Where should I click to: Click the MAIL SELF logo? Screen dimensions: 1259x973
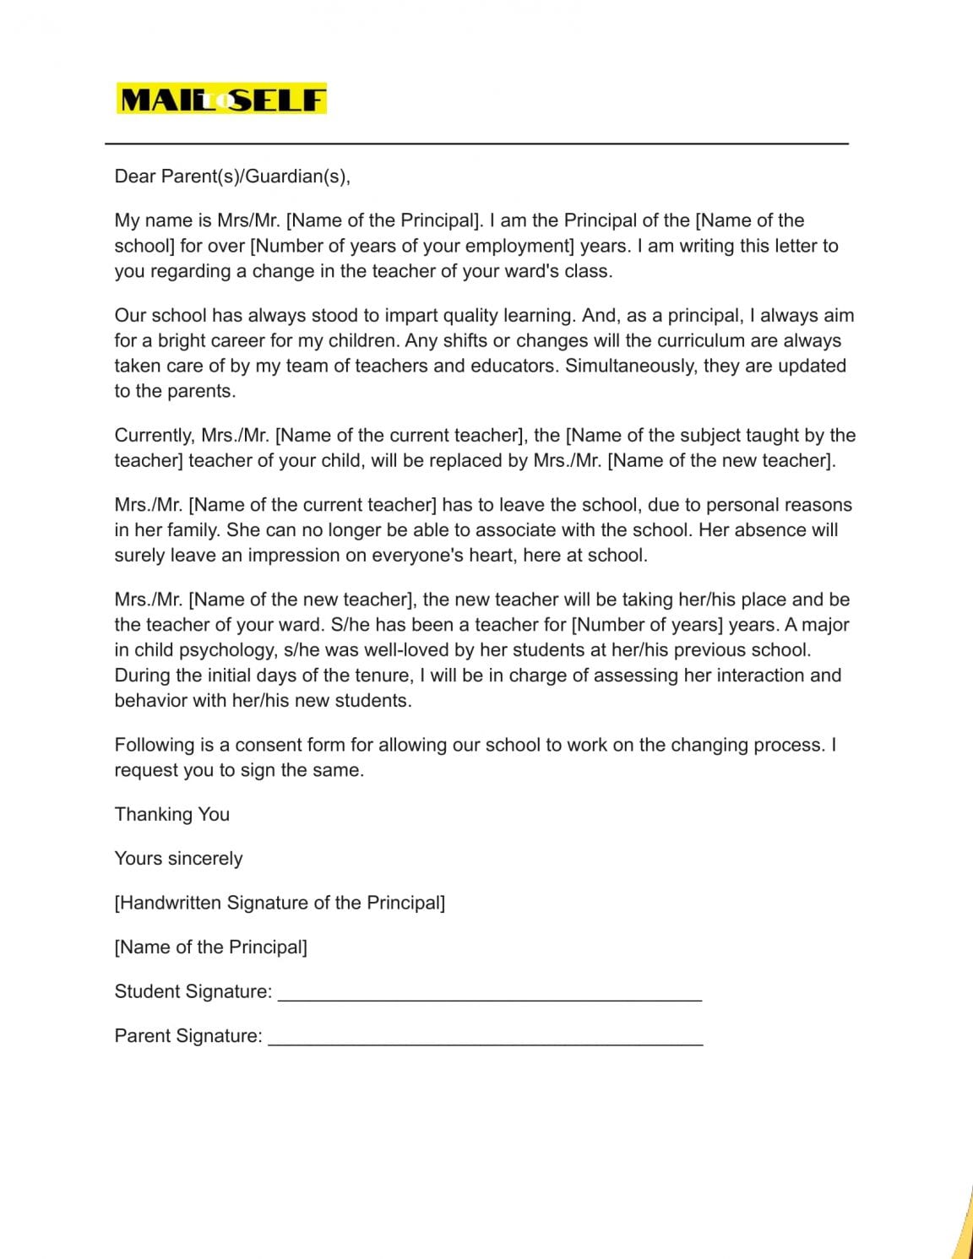[x=221, y=100]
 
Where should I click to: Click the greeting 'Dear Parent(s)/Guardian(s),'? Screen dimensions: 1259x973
[x=232, y=176]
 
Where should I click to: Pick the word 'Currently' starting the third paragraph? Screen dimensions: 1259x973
[x=153, y=435]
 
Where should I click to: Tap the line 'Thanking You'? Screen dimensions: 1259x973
[x=172, y=814]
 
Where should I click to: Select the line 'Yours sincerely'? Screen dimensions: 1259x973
[x=178, y=858]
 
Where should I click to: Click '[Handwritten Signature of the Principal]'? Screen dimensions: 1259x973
[x=280, y=903]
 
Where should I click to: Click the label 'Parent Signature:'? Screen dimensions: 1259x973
[x=188, y=1036]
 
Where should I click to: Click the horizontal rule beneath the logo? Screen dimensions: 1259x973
[x=476, y=144]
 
